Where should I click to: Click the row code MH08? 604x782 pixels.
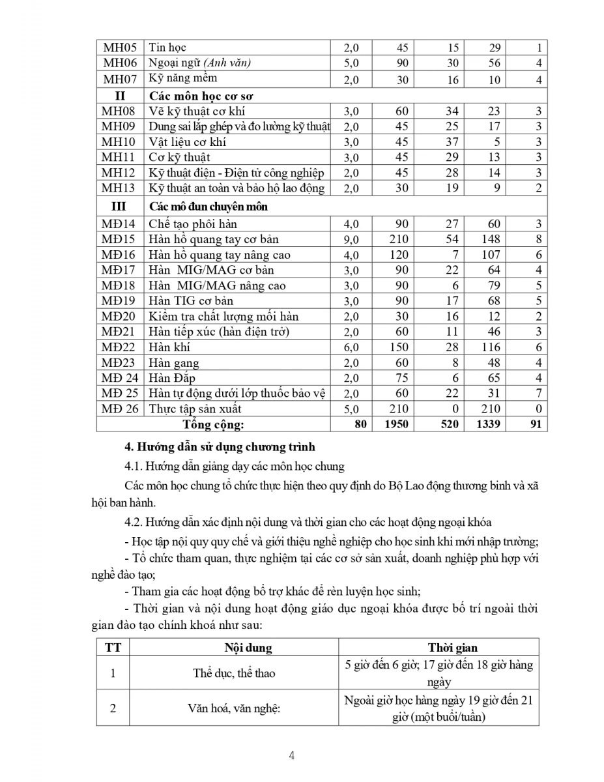[x=119, y=111]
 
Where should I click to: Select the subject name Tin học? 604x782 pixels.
[x=167, y=48]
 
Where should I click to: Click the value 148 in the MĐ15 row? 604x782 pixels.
[x=490, y=239]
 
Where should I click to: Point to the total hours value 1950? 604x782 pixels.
[x=397, y=424]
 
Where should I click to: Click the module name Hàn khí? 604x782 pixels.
[x=169, y=347]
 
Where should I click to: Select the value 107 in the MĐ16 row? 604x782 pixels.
[x=490, y=255]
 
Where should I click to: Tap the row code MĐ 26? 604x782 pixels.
[x=119, y=409]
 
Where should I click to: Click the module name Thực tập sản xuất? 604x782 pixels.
[x=195, y=409]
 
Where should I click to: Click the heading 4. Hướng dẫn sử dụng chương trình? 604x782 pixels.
[x=220, y=447]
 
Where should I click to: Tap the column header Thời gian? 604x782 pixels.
[x=452, y=648]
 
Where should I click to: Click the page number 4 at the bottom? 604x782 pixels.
[x=292, y=756]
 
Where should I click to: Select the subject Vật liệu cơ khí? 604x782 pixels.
[x=188, y=142]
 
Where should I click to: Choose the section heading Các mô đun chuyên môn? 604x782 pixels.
[x=209, y=207]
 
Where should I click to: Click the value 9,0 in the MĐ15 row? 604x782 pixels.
[x=351, y=240]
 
